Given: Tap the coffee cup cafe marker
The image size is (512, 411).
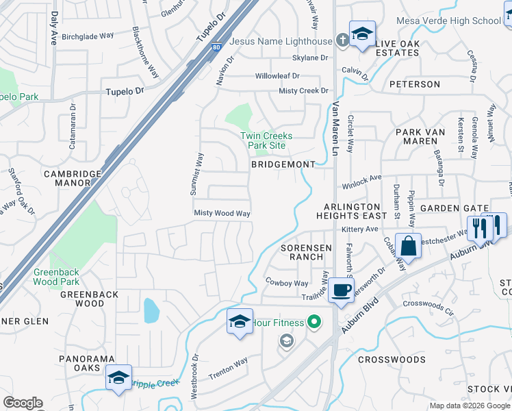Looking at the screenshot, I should tap(341, 290).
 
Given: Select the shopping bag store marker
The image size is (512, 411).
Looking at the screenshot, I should tap(408, 247).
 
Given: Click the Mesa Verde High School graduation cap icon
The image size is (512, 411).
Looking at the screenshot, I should tap(362, 34).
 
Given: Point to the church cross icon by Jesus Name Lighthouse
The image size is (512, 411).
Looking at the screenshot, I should tap(342, 41).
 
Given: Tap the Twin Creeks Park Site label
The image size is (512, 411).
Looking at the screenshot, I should tap(266, 140).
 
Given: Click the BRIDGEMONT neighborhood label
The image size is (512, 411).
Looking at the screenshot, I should tap(283, 164).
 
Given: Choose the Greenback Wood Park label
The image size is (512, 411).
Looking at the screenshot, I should tap(56, 277).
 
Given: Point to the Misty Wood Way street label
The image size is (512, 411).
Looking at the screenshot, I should tap(222, 213).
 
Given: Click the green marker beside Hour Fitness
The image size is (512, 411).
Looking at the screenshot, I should tap(314, 320).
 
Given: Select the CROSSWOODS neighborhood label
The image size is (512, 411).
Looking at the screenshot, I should tap(392, 359).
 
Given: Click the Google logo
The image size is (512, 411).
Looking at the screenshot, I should tap(23, 403).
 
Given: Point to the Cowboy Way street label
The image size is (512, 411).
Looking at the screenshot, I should tap(287, 282).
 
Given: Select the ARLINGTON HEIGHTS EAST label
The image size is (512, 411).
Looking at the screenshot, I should tap(352, 211).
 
